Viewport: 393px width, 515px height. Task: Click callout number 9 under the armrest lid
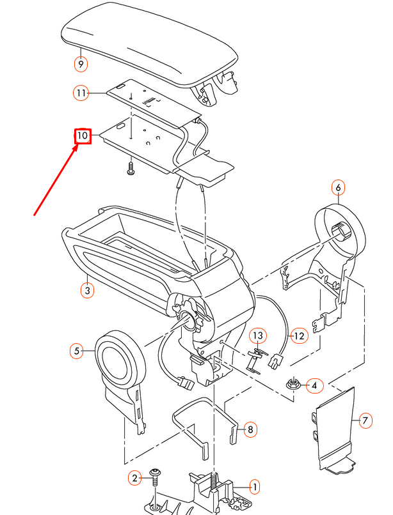click(x=81, y=64)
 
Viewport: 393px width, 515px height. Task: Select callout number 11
click(x=81, y=94)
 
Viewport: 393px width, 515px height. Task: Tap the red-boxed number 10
click(x=83, y=136)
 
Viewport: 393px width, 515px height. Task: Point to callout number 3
click(x=88, y=290)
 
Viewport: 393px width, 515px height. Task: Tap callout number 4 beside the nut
click(x=314, y=385)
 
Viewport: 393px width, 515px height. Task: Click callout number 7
click(x=365, y=420)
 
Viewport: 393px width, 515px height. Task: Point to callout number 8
click(x=250, y=429)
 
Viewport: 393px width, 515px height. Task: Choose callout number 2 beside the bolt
click(x=135, y=478)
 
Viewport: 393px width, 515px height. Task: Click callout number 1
click(x=254, y=487)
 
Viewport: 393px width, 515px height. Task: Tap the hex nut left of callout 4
click(x=293, y=385)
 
